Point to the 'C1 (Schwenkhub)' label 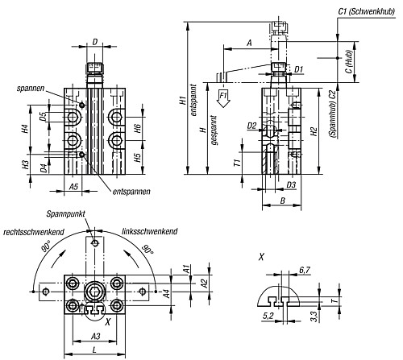pos(364,10)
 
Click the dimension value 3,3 pos(314,319)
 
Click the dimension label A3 pos(96,334)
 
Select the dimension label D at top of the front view pos(96,41)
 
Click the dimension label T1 pos(237,161)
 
